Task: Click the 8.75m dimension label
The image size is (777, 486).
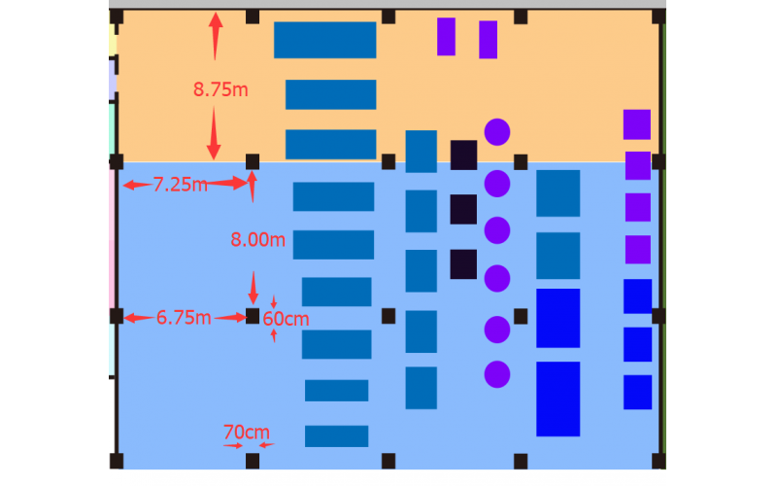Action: [x=220, y=89]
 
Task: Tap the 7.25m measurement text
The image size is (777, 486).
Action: [x=180, y=185]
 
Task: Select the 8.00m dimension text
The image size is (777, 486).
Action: [x=257, y=240]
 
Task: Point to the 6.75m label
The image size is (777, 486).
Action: [x=184, y=317]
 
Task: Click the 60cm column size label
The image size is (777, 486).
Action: [x=287, y=318]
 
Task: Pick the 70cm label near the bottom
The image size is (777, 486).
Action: [x=247, y=432]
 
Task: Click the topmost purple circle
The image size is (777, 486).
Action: [x=497, y=131]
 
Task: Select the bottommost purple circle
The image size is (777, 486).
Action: [x=497, y=374]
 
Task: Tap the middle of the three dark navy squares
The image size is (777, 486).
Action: [x=463, y=209]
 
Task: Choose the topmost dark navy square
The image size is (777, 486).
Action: [x=463, y=155]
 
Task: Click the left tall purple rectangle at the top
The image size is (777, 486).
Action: [x=446, y=36]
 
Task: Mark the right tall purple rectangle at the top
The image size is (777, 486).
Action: [x=489, y=39]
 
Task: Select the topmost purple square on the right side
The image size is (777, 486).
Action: [x=636, y=124]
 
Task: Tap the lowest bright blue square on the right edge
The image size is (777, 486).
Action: [x=637, y=392]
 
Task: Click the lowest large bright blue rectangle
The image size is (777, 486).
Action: [x=557, y=399]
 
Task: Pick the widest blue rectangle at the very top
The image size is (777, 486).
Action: [x=324, y=40]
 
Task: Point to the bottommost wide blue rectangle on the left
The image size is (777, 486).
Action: [x=336, y=435]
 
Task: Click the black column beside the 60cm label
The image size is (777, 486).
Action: [x=253, y=316]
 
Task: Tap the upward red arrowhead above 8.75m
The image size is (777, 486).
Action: [x=215, y=22]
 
